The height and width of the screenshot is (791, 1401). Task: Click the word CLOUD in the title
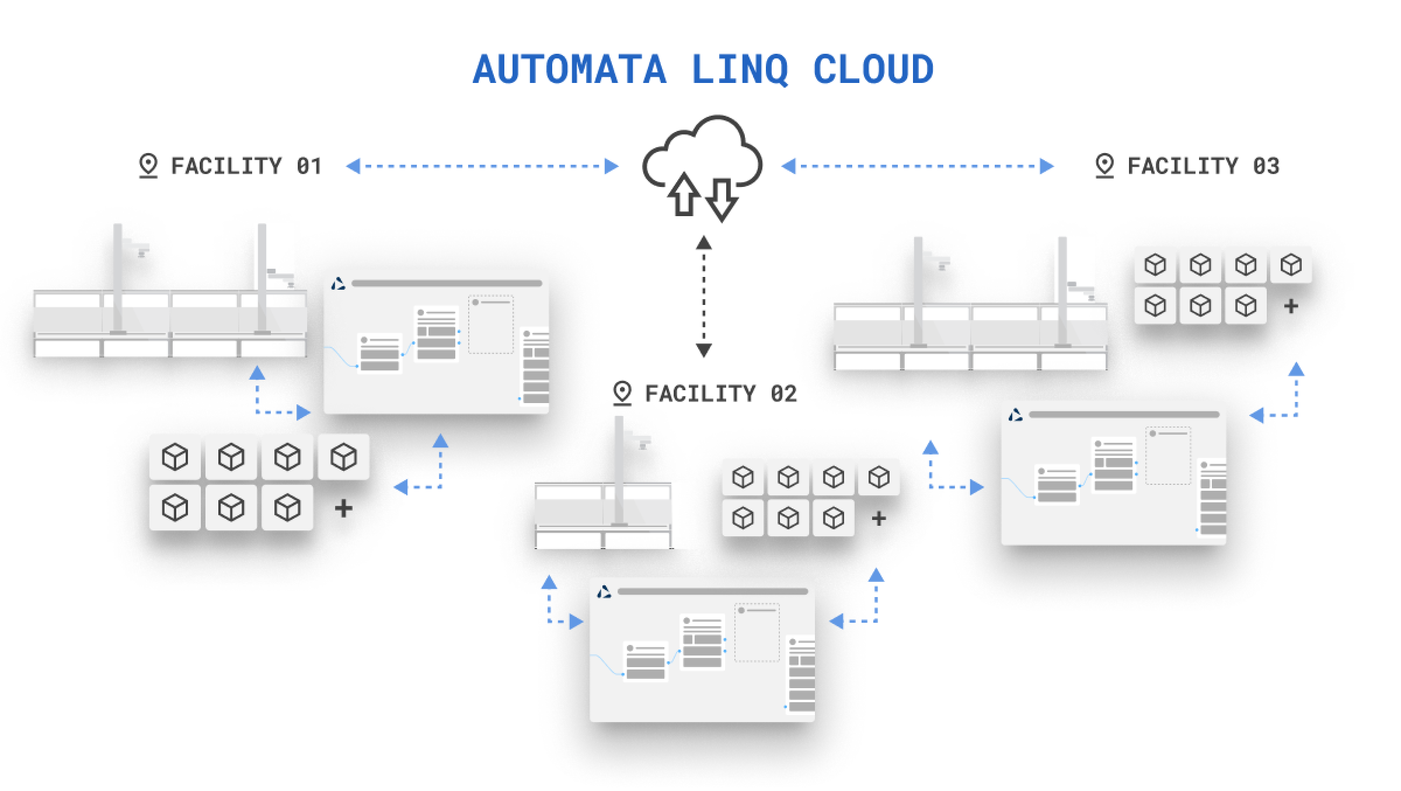[873, 70]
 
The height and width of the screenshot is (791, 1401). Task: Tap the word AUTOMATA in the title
[570, 70]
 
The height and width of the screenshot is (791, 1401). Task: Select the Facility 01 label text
[246, 166]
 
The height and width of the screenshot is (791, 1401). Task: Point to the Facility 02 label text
[721, 394]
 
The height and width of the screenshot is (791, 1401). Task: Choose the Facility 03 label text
[1204, 166]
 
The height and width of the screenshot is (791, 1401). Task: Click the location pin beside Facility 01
[148, 166]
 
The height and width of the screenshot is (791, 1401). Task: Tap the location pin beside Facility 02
[622, 394]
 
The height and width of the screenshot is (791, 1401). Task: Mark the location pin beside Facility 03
[1104, 166]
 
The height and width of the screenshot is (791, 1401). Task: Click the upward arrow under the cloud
[684, 194]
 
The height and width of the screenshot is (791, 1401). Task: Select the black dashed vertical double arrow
[704, 296]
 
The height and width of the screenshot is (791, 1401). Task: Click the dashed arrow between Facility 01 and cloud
[482, 166]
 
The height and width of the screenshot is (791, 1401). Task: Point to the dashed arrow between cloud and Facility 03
[918, 166]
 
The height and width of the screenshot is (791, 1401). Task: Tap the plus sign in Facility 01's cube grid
[344, 508]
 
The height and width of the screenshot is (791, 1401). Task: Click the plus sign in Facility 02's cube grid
[879, 518]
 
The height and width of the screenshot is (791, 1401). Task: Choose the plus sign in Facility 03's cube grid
[1291, 306]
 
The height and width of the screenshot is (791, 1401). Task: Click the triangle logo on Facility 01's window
[338, 284]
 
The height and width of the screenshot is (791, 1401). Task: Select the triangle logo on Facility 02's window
[604, 592]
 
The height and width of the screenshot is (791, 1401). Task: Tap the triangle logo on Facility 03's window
[1016, 415]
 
